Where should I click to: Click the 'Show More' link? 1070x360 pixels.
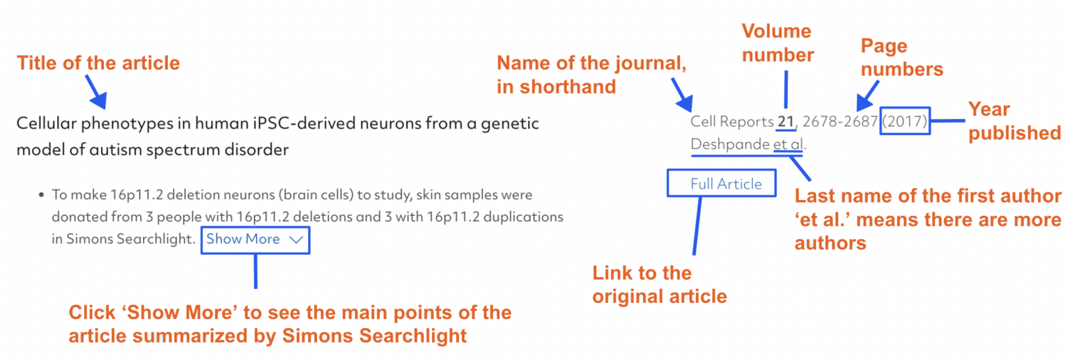(x=243, y=239)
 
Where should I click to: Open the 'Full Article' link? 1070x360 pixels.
(x=726, y=184)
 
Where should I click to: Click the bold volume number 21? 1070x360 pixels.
(x=786, y=122)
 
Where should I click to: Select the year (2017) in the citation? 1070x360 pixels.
(x=905, y=122)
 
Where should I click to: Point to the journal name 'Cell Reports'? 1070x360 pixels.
(x=731, y=122)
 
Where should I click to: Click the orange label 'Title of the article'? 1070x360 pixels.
(x=98, y=63)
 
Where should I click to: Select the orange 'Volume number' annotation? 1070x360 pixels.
(x=777, y=42)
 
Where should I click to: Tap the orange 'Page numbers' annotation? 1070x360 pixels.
(x=901, y=58)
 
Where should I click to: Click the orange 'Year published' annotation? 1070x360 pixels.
(x=1014, y=121)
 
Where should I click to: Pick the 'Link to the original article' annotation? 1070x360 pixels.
(x=659, y=284)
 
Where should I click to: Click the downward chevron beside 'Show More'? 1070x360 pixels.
(x=296, y=240)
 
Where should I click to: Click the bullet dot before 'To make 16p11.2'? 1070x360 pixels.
(x=42, y=196)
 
